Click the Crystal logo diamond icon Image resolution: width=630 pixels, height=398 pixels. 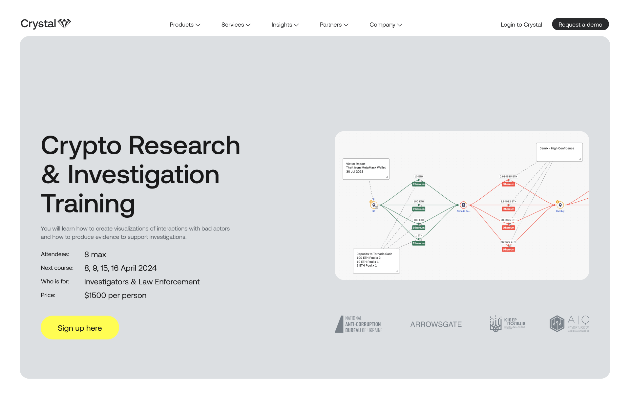tap(65, 23)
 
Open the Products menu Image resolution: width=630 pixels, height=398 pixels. tap(185, 25)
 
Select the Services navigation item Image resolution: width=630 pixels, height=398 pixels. tap(236, 25)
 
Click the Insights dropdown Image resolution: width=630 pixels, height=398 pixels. tap(285, 25)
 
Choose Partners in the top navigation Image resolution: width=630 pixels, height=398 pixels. tap(334, 25)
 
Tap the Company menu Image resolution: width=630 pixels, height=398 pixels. tap(386, 25)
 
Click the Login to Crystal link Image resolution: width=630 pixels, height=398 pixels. tap(521, 25)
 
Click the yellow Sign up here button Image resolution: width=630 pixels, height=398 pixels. tap(80, 328)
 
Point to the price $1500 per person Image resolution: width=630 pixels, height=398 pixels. tap(115, 295)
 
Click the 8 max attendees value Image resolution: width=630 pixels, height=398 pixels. tap(95, 254)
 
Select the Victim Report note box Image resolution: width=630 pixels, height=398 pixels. tap(366, 169)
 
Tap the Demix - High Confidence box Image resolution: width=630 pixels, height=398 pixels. tap(559, 152)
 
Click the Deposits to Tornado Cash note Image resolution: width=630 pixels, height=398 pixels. tap(376, 261)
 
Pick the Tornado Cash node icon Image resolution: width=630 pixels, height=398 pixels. tap(463, 205)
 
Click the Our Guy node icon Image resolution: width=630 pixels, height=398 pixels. tap(560, 205)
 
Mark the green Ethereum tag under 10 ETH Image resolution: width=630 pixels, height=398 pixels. tap(419, 184)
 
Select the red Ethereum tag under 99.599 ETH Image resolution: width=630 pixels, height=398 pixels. tap(508, 250)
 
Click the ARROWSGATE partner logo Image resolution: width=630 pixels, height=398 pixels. tap(436, 324)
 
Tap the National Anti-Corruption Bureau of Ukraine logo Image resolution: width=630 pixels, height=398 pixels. tap(359, 324)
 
